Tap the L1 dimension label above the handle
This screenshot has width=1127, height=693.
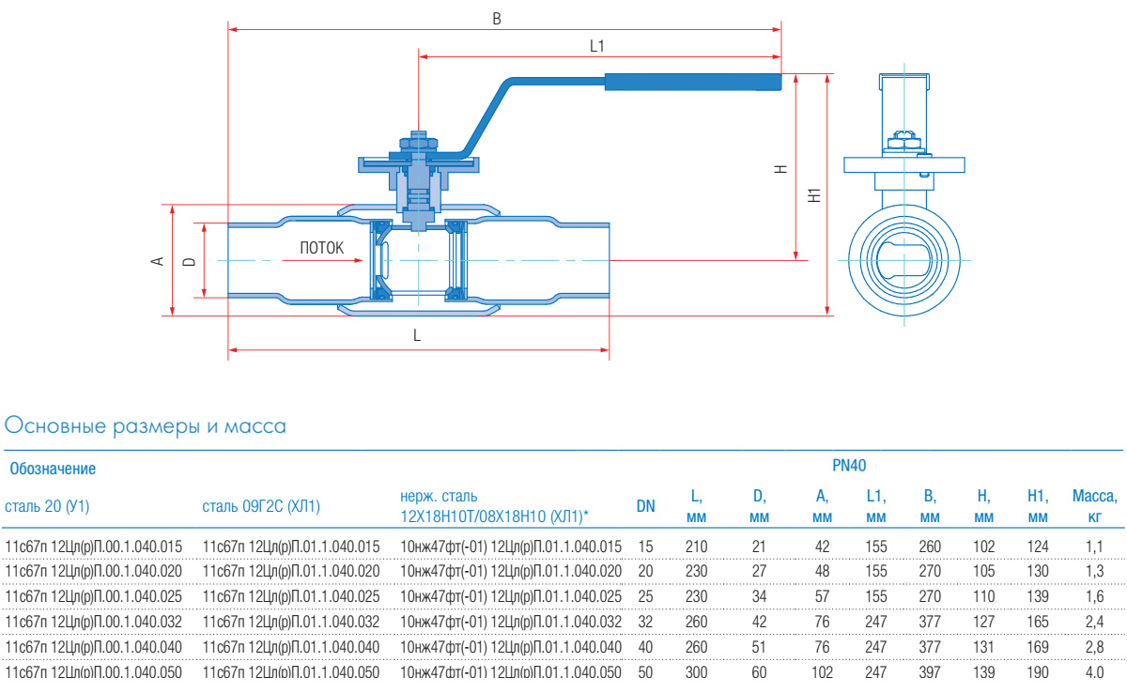tap(597, 45)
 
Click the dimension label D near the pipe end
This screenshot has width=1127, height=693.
tap(189, 261)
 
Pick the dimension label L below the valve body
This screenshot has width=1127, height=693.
tap(417, 335)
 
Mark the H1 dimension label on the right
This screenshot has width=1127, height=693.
tap(814, 195)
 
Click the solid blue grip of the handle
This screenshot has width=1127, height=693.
tap(692, 83)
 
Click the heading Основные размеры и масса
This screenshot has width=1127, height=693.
tap(146, 426)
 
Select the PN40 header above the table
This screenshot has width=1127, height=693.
tap(849, 465)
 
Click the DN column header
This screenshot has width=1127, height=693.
tap(646, 506)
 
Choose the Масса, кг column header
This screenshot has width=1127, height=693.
tap(1094, 505)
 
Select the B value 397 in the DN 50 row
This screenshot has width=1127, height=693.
tap(930, 672)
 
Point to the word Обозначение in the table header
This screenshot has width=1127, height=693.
tap(53, 468)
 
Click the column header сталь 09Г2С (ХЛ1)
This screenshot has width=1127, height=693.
tap(261, 507)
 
